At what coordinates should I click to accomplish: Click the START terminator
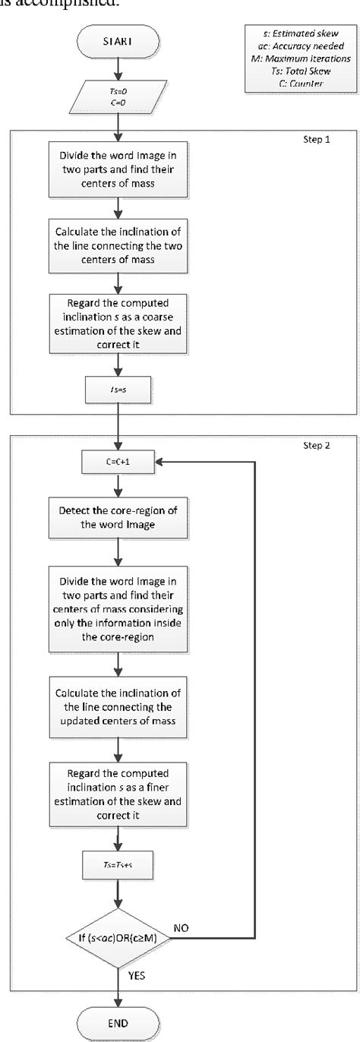click(117, 41)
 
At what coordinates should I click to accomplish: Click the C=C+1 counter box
click(117, 480)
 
